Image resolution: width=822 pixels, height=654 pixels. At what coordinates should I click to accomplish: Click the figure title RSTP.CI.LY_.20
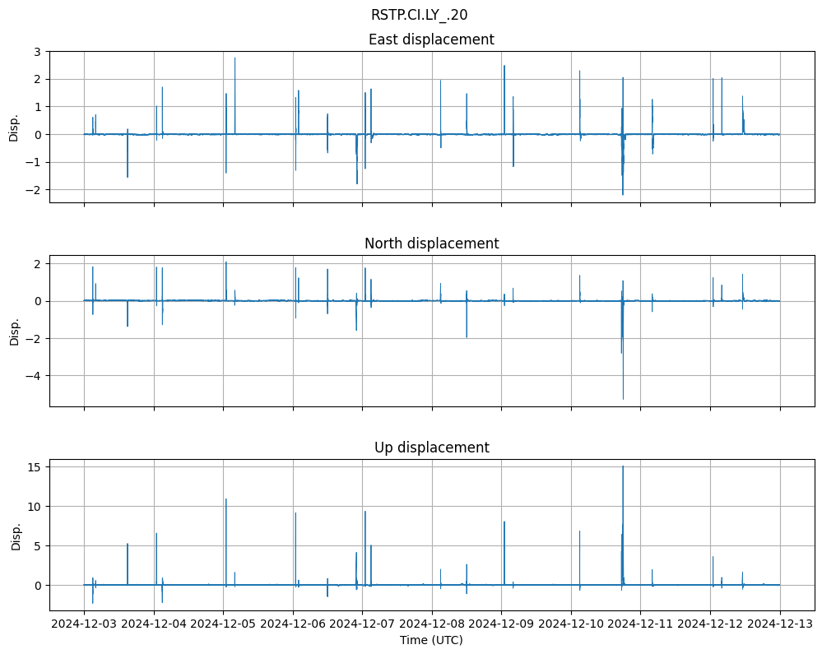click(419, 15)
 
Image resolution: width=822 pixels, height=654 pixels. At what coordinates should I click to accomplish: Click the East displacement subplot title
click(431, 39)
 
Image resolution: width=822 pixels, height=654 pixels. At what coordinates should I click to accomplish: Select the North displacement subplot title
click(431, 244)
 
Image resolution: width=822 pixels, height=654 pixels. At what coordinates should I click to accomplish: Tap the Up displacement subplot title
click(431, 448)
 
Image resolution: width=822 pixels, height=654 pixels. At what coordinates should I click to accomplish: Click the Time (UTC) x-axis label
click(431, 639)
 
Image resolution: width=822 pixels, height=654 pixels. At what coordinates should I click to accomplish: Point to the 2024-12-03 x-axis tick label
click(85, 624)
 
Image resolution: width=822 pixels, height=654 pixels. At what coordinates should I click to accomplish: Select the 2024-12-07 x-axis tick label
click(363, 624)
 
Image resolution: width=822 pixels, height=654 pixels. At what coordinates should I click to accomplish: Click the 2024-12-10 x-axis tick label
click(572, 624)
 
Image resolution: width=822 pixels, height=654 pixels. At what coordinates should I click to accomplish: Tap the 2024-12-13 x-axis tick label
click(780, 624)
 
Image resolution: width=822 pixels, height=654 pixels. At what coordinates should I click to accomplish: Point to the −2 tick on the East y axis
click(35, 190)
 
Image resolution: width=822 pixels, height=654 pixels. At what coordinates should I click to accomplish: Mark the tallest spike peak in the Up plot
click(623, 466)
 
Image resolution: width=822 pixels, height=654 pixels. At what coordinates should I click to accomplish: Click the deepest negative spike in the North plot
click(623, 399)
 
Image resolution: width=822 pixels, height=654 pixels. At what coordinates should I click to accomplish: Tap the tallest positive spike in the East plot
click(235, 58)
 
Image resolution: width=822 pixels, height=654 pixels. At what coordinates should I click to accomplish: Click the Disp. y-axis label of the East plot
click(14, 128)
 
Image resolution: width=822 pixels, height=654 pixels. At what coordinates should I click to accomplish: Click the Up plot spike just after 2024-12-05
click(226, 499)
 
